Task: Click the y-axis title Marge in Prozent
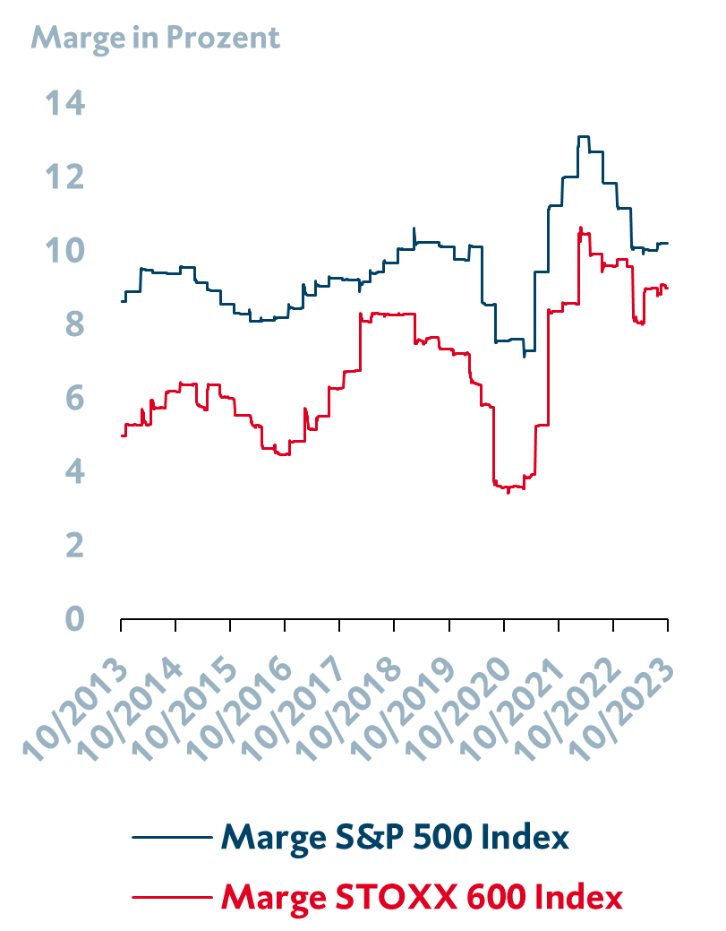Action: [156, 38]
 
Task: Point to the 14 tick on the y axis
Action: [66, 104]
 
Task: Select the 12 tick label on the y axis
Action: [66, 177]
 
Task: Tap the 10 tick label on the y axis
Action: [66, 251]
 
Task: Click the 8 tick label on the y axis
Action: [73, 324]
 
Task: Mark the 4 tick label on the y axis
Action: [73, 471]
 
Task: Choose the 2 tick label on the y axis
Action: [73, 545]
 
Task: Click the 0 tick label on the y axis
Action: [73, 618]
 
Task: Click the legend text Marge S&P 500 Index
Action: [395, 838]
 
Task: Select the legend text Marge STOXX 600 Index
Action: [421, 897]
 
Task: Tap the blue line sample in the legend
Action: [170, 838]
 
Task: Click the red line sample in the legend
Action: [170, 897]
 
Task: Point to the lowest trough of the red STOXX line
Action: [508, 492]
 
